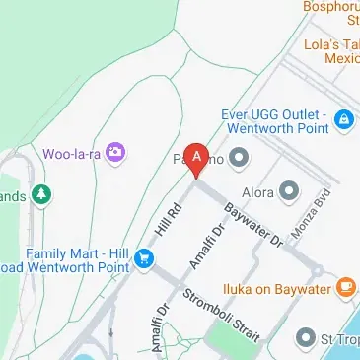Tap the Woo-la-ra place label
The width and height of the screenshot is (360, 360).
71,153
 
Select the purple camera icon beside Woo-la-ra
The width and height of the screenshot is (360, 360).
116,152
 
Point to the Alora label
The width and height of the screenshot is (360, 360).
257,188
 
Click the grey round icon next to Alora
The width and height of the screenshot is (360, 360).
288,188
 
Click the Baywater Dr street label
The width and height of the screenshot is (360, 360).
252,226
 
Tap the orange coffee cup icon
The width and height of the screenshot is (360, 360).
344,287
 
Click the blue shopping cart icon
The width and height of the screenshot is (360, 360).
146,259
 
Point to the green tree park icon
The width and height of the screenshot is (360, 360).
42,195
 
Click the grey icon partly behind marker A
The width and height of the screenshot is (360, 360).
238,158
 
